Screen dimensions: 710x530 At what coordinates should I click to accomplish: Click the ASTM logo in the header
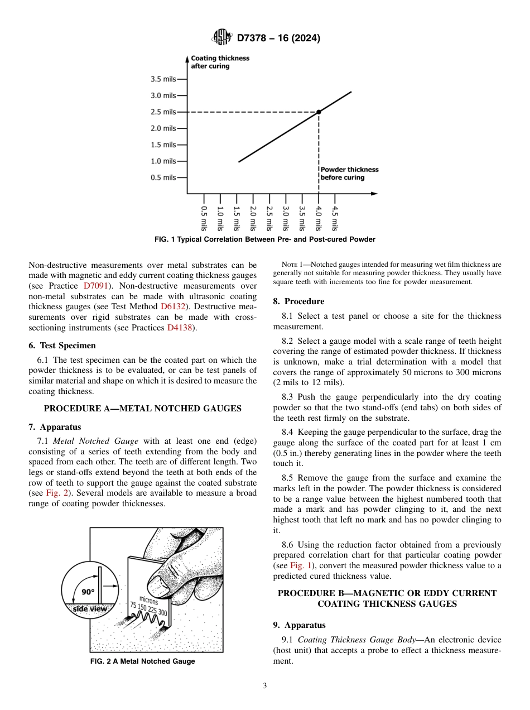point(222,38)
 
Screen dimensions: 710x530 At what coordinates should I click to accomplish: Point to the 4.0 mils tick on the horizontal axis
point(319,218)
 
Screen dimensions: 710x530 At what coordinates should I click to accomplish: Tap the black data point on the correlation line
point(319,112)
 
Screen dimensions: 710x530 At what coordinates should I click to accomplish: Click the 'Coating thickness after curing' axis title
point(220,62)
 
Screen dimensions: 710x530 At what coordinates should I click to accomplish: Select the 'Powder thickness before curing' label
point(349,174)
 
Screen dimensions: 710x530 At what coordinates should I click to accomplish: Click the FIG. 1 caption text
point(264,239)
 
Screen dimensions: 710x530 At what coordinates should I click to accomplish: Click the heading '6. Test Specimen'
point(62,346)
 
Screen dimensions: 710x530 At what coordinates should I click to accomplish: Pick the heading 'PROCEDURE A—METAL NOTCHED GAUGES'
point(142,409)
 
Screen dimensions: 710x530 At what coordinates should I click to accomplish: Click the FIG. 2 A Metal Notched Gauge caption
point(143,661)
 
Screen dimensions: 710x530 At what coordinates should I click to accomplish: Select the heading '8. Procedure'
point(298,301)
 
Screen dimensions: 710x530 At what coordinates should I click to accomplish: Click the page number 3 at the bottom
point(265,686)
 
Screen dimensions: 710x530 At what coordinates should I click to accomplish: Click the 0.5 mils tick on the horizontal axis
point(204,218)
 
